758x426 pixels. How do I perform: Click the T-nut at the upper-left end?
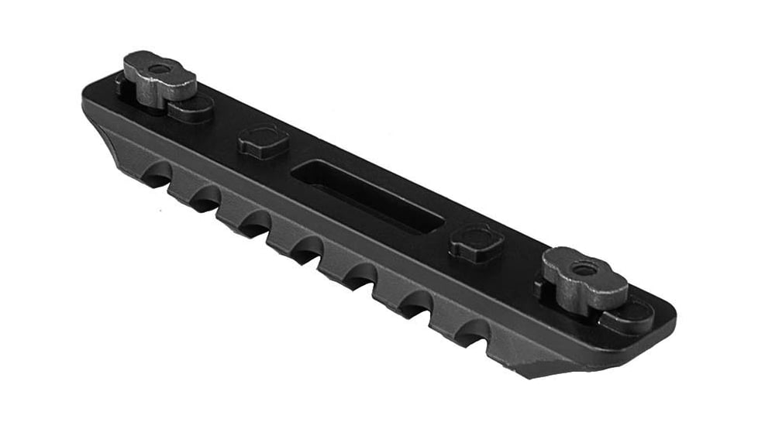[160, 77]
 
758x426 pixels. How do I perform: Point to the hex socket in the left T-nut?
[158, 69]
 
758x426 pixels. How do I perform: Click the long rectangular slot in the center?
[369, 195]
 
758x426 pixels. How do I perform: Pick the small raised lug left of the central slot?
[264, 141]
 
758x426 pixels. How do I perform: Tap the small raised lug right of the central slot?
[475, 242]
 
